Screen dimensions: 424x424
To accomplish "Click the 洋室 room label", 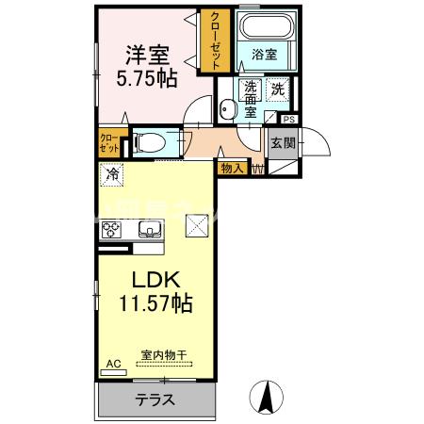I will click(x=145, y=52).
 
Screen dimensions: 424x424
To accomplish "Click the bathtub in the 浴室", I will click(x=266, y=27).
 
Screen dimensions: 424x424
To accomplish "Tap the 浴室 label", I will click(x=264, y=56).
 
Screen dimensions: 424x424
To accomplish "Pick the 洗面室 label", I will click(x=251, y=98).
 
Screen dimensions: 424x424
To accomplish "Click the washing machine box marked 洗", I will click(x=280, y=90).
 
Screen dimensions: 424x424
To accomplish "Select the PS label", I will click(x=288, y=120).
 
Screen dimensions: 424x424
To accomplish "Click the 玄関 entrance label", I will click(x=284, y=144).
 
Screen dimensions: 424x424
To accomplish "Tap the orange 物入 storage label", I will click(x=232, y=169).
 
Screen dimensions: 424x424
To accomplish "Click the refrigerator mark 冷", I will click(x=113, y=174).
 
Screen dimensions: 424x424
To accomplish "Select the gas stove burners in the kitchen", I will click(x=112, y=230).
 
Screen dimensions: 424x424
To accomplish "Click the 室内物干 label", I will click(x=164, y=355).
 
